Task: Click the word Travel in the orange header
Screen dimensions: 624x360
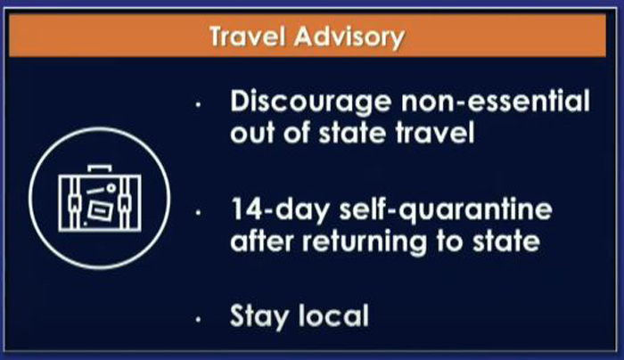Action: pos(248,37)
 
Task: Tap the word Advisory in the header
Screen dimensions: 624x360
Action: pos(349,37)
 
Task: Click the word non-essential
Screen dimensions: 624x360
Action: pos(496,101)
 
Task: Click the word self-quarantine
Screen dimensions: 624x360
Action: pos(446,211)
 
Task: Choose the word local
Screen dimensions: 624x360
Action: pos(333,315)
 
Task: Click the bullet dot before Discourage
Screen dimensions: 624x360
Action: pos(198,104)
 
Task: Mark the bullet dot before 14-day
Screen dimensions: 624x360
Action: pos(198,213)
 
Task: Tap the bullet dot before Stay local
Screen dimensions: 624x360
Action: pos(198,319)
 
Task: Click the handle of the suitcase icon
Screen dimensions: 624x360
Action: pos(100,167)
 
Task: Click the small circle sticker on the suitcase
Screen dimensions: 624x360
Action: pos(111,187)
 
